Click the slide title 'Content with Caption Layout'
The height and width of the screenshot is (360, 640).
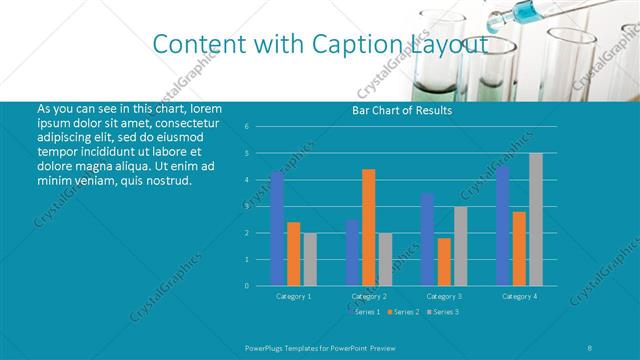pyautogui.click(x=320, y=44)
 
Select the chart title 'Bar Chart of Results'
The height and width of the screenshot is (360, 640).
pyautogui.click(x=402, y=110)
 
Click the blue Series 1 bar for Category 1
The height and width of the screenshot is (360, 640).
pyautogui.click(x=277, y=228)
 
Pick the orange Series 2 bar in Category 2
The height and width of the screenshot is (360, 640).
pyautogui.click(x=369, y=227)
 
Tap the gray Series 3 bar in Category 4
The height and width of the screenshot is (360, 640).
pyautogui.click(x=536, y=219)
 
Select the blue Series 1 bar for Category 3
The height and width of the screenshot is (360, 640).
pyautogui.click(x=427, y=239)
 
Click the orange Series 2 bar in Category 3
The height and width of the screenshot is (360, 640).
pyautogui.click(x=444, y=261)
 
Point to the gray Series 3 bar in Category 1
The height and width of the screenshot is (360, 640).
pyautogui.click(x=310, y=259)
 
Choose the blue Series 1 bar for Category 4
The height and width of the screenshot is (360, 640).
pyautogui.click(x=503, y=225)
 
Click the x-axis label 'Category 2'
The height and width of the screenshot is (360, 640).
pyautogui.click(x=369, y=296)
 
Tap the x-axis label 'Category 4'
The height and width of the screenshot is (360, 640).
pyautogui.click(x=519, y=296)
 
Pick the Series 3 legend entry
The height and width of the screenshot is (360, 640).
pyautogui.click(x=443, y=312)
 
